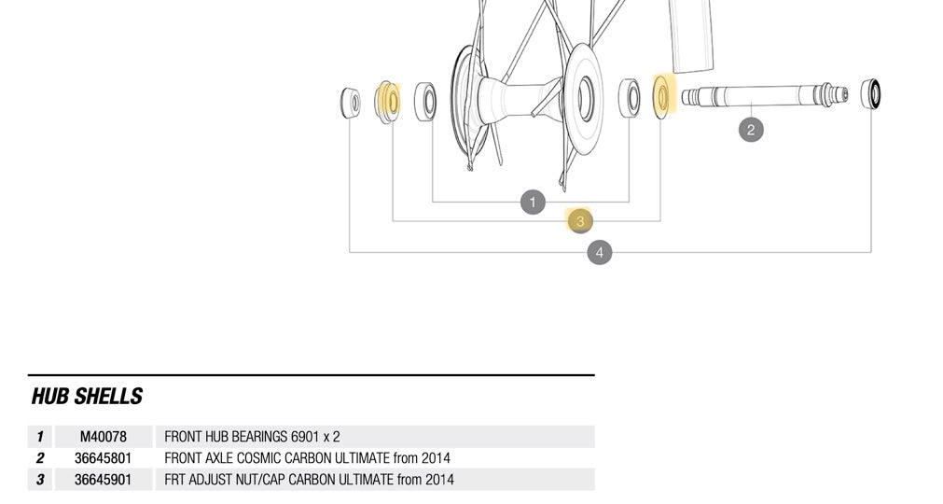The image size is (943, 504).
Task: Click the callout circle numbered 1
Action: [532, 202]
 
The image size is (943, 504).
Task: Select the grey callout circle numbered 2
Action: [751, 129]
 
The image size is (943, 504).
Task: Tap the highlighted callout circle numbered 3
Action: [579, 221]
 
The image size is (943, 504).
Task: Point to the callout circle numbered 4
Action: [600, 252]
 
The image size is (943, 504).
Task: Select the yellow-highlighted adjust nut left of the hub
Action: [387, 101]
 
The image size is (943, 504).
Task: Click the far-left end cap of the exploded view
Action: [350, 102]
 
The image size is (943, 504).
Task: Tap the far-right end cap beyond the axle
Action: [870, 92]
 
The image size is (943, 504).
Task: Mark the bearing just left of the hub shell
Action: [425, 101]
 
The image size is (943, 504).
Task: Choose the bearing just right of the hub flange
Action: [630, 97]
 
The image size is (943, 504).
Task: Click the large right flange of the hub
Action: [585, 98]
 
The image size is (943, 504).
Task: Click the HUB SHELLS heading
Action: [87, 397]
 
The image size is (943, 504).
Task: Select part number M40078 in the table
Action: [103, 437]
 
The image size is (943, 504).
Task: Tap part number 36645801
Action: [103, 458]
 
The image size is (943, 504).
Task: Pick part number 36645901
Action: [103, 480]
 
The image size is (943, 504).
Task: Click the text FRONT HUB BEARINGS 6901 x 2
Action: [252, 437]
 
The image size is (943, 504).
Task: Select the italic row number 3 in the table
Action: [40, 480]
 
